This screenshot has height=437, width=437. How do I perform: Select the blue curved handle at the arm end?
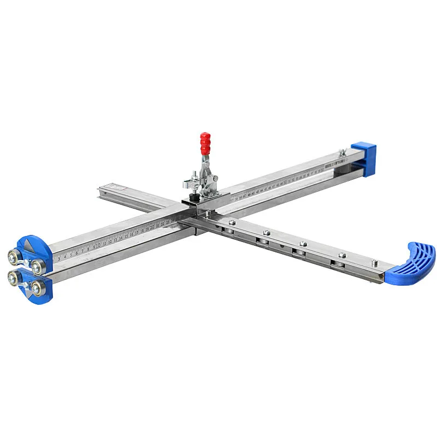pyautogui.click(x=412, y=265)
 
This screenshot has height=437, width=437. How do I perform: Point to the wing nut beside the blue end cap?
pyautogui.click(x=342, y=152)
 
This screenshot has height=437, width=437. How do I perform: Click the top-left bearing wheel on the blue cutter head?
pyautogui.click(x=12, y=257)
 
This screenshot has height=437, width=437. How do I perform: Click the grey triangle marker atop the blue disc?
pyautogui.click(x=29, y=245)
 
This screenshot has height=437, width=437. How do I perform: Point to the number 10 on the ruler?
pyautogui.click(x=98, y=245)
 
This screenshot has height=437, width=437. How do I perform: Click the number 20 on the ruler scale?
pyautogui.click(x=152, y=228)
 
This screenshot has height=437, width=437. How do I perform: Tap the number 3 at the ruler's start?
pyautogui.click(x=58, y=259)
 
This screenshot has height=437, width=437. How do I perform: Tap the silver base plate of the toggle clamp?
pyautogui.click(x=206, y=192)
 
